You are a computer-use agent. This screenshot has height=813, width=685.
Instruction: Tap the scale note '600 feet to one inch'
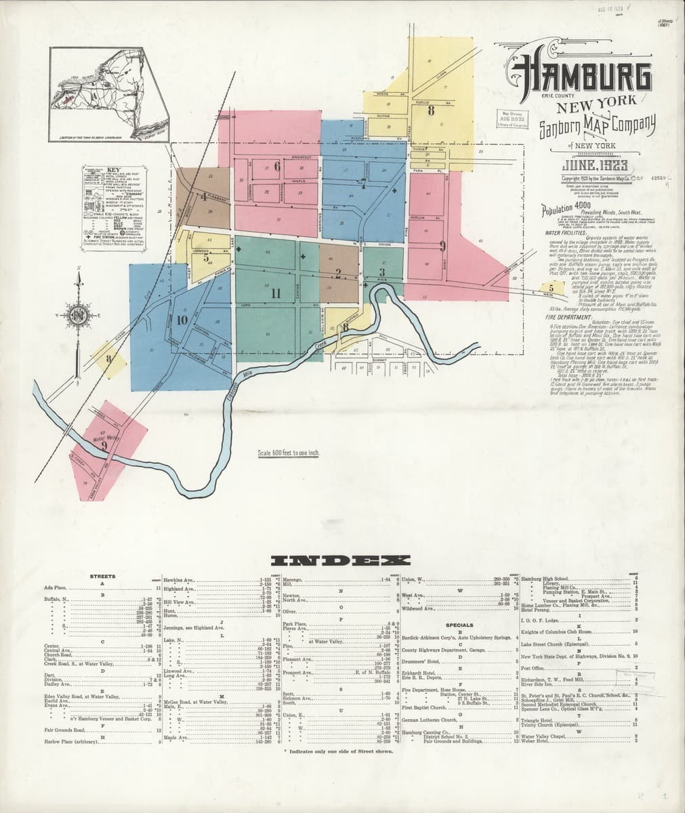point(289,453)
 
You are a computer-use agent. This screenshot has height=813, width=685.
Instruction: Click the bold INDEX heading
point(341,560)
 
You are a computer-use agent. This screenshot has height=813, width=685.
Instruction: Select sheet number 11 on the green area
point(275,293)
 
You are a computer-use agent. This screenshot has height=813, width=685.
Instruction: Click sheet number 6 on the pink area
point(277,166)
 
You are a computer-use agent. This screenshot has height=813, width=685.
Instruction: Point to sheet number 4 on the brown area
point(203,197)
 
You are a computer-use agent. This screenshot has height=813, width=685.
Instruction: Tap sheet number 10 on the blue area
point(181,320)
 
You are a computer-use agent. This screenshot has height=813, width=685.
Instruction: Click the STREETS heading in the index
point(102,577)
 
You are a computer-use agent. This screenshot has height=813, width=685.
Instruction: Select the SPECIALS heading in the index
point(459,625)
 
